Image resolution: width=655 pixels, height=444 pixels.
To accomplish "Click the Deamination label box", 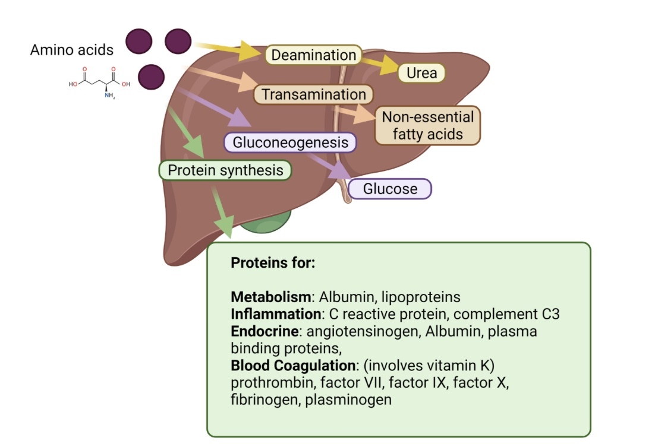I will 313,55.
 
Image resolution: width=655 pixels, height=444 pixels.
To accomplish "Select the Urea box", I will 421,72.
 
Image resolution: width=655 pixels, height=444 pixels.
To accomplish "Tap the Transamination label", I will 313,94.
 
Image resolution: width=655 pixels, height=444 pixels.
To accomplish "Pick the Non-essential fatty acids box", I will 427,125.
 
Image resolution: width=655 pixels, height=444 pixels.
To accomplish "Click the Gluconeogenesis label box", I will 290,142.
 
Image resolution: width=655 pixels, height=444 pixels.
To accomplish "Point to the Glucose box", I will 390,189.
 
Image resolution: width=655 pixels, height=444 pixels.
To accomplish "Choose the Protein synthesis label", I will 225,170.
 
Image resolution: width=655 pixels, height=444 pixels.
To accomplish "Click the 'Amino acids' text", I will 72,49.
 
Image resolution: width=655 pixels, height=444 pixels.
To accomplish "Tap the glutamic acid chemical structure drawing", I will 99,84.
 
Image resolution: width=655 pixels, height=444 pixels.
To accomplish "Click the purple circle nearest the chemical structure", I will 151,77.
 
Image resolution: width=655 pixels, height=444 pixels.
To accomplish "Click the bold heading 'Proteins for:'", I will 272,262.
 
